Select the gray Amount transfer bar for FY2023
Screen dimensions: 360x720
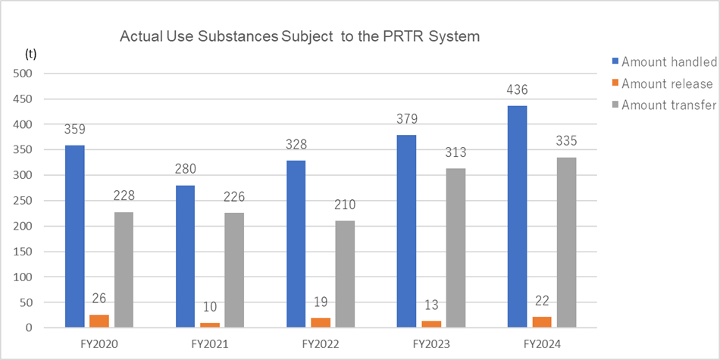click(x=455, y=248)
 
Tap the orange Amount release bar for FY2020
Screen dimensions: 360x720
click(x=100, y=321)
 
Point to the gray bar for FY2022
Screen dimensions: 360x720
click(x=345, y=274)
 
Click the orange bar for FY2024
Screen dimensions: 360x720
click(x=542, y=322)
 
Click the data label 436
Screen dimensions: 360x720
click(x=518, y=90)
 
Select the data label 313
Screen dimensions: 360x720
click(x=455, y=153)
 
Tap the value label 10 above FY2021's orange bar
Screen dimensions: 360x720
click(x=211, y=307)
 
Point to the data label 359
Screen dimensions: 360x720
click(x=75, y=130)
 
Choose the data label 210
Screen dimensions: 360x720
click(x=345, y=205)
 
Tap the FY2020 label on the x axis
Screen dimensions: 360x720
click(x=99, y=344)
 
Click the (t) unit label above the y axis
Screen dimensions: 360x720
click(x=30, y=54)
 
